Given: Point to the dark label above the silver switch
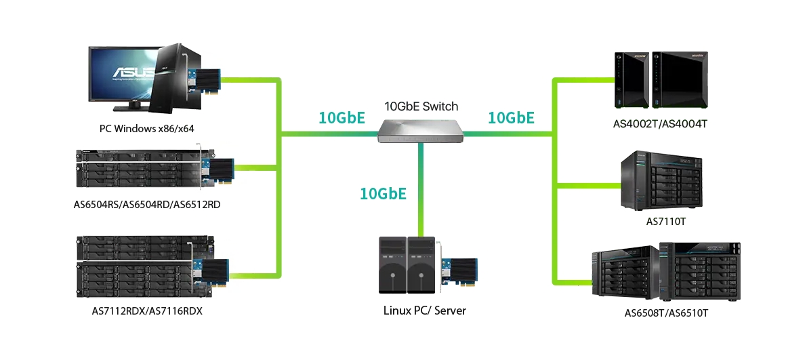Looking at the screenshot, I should click(x=422, y=106).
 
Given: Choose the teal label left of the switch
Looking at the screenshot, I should click(x=339, y=117).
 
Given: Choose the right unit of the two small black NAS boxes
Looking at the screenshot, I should click(x=680, y=79).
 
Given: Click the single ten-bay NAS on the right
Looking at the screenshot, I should click(x=661, y=181).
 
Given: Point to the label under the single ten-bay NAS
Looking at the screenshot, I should click(x=665, y=222).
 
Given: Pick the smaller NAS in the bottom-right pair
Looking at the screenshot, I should click(x=621, y=274).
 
